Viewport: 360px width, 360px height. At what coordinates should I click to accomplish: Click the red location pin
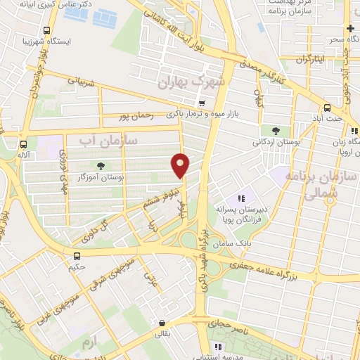tap(181, 165)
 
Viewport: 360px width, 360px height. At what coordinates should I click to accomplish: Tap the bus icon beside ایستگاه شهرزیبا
tap(46, 31)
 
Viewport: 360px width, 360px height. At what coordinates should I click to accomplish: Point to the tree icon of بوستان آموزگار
tap(100, 167)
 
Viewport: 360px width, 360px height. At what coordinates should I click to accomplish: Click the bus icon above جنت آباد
tap(327, 108)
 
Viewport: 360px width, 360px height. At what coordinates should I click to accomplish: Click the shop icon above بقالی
tap(163, 323)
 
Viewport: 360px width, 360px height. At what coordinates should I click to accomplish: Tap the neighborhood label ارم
tap(88, 342)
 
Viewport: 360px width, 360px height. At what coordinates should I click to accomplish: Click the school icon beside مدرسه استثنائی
tap(218, 347)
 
